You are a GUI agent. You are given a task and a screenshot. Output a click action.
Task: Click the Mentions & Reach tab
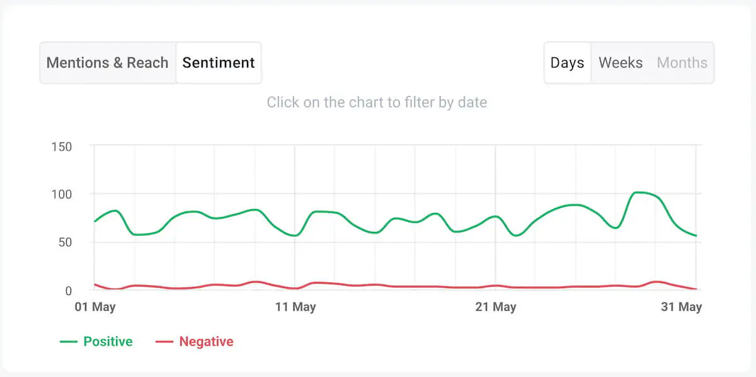coord(108,63)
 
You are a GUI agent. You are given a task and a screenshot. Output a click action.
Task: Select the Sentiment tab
coord(219,63)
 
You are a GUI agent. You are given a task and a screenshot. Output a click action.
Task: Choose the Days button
coord(567,63)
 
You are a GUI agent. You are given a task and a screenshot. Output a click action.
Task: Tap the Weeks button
coord(621,63)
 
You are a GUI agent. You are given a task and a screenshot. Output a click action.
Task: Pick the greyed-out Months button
coord(682,63)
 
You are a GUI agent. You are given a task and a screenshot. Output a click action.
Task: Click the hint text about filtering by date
coord(377,102)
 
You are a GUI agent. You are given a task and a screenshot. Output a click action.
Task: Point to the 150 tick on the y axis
coord(61,147)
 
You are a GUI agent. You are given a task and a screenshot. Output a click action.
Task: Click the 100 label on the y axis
coord(61,194)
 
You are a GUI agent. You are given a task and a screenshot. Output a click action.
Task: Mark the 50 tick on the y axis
coord(64,243)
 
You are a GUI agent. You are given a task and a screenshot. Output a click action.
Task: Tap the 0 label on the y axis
coord(69,291)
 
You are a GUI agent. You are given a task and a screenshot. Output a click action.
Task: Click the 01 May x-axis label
coord(95,307)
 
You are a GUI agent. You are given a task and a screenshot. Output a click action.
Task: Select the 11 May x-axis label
coord(295,307)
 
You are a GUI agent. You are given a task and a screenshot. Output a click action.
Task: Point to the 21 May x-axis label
coord(495,307)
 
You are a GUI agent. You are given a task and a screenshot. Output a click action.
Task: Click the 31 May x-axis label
coord(681,307)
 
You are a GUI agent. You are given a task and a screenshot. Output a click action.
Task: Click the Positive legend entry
coord(96,342)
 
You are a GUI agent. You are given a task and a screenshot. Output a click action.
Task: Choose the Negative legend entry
coord(195,342)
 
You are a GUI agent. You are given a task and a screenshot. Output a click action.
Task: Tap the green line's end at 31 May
coord(696,236)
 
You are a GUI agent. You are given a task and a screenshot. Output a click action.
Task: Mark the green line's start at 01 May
coord(94,221)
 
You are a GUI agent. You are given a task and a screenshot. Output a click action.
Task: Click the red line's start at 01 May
coord(94,284)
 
